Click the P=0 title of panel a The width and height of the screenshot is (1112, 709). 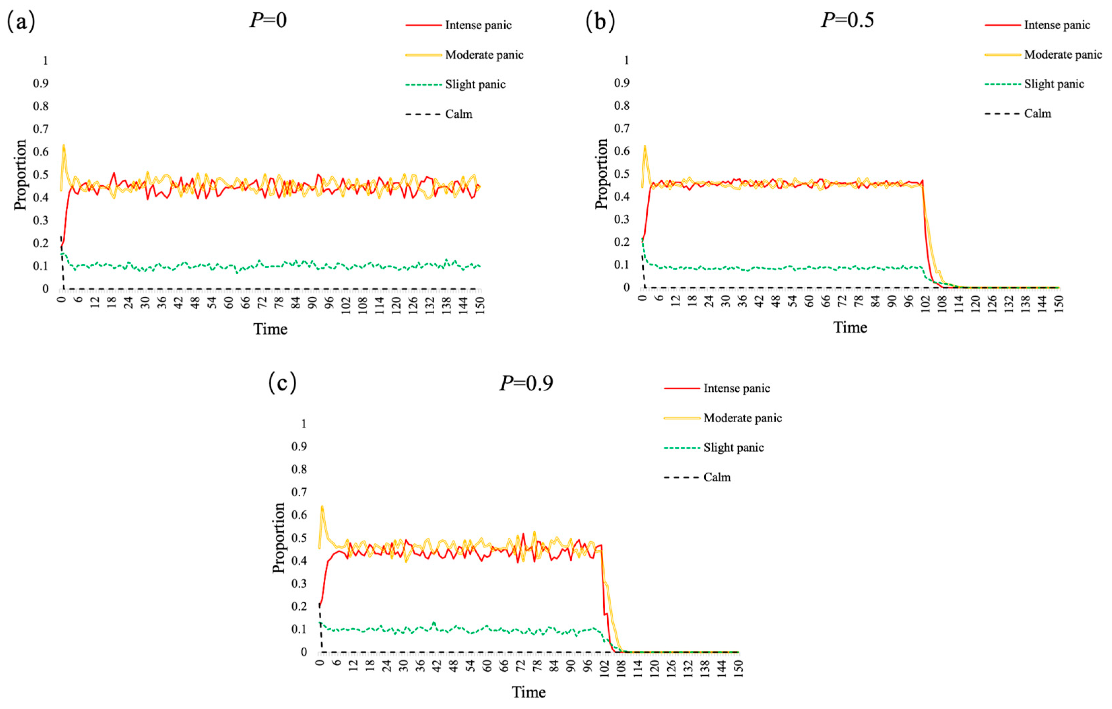[x=268, y=20]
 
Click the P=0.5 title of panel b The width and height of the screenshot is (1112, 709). [x=847, y=20]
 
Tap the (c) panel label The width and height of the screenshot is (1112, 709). [x=282, y=383]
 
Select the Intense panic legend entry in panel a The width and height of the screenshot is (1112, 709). [x=478, y=25]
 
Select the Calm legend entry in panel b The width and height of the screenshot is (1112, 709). [x=1037, y=113]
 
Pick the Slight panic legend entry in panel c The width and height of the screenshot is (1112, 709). [x=733, y=447]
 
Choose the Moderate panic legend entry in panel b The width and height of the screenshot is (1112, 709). [x=1063, y=55]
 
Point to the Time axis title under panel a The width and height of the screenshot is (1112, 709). [x=270, y=329]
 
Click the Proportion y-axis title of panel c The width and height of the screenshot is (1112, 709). [x=278, y=538]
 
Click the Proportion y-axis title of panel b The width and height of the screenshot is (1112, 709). [x=601, y=174]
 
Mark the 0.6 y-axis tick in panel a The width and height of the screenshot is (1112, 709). [x=41, y=152]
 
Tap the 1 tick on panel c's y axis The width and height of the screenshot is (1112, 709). [x=303, y=424]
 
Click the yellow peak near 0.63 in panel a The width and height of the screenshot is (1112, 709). [x=64, y=145]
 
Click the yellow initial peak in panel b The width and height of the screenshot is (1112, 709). [x=645, y=147]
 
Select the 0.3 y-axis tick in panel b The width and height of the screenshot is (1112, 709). [x=621, y=219]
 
